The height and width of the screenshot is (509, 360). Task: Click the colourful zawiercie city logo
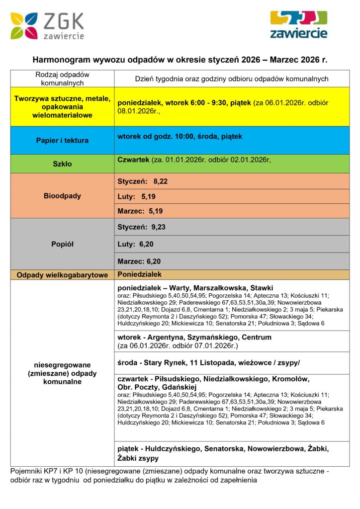[298, 24]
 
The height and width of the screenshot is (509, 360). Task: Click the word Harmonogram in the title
[62, 60]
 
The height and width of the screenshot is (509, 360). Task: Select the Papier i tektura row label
[62, 140]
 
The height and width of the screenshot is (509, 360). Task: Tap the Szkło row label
[62, 164]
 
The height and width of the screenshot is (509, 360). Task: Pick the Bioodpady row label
[62, 196]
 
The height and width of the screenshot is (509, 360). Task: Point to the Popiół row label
[62, 244]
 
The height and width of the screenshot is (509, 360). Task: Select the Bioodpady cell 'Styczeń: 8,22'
[142, 181]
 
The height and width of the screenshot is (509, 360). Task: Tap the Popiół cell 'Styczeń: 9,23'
[142, 227]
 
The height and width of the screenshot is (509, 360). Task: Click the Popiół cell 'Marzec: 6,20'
[139, 261]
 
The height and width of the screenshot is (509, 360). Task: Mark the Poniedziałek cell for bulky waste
[139, 274]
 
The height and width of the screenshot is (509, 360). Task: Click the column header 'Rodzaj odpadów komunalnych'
[62, 79]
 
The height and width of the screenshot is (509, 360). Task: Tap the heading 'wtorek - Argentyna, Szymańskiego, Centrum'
[194, 337]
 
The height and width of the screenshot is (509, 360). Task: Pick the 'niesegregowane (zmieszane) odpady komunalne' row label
[62, 373]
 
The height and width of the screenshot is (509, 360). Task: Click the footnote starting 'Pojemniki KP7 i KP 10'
[169, 475]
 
